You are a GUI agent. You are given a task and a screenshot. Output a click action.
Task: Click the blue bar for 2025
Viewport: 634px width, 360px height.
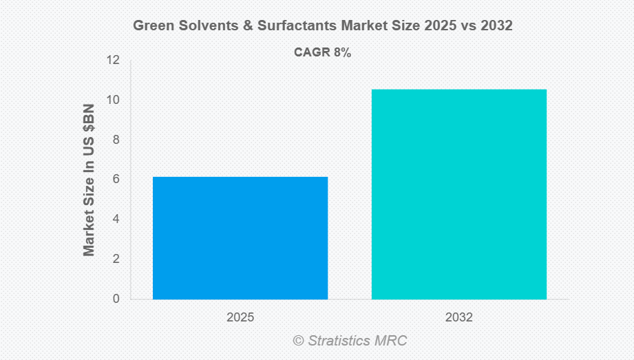[240, 238]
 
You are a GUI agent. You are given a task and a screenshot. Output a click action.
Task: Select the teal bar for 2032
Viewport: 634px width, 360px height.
[459, 194]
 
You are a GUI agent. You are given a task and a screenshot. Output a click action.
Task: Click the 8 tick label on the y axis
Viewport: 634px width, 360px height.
[116, 140]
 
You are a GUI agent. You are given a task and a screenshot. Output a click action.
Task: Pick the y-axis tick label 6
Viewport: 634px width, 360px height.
[116, 180]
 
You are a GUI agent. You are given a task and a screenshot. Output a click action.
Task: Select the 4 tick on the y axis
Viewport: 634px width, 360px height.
[116, 220]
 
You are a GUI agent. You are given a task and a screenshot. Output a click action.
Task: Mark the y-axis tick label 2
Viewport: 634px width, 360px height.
[116, 260]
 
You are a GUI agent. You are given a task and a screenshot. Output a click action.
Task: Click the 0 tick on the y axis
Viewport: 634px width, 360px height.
[116, 299]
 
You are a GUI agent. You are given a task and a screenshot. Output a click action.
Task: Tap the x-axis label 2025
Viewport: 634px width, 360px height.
[240, 318]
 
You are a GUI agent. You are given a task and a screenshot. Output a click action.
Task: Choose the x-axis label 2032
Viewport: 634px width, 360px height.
[459, 318]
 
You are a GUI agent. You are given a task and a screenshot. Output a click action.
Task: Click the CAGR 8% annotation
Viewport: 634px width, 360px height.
[323, 53]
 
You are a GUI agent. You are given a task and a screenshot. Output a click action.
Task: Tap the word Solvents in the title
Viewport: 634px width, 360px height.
[204, 26]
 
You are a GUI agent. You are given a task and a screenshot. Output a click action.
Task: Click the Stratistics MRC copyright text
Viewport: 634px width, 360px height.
[350, 341]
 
